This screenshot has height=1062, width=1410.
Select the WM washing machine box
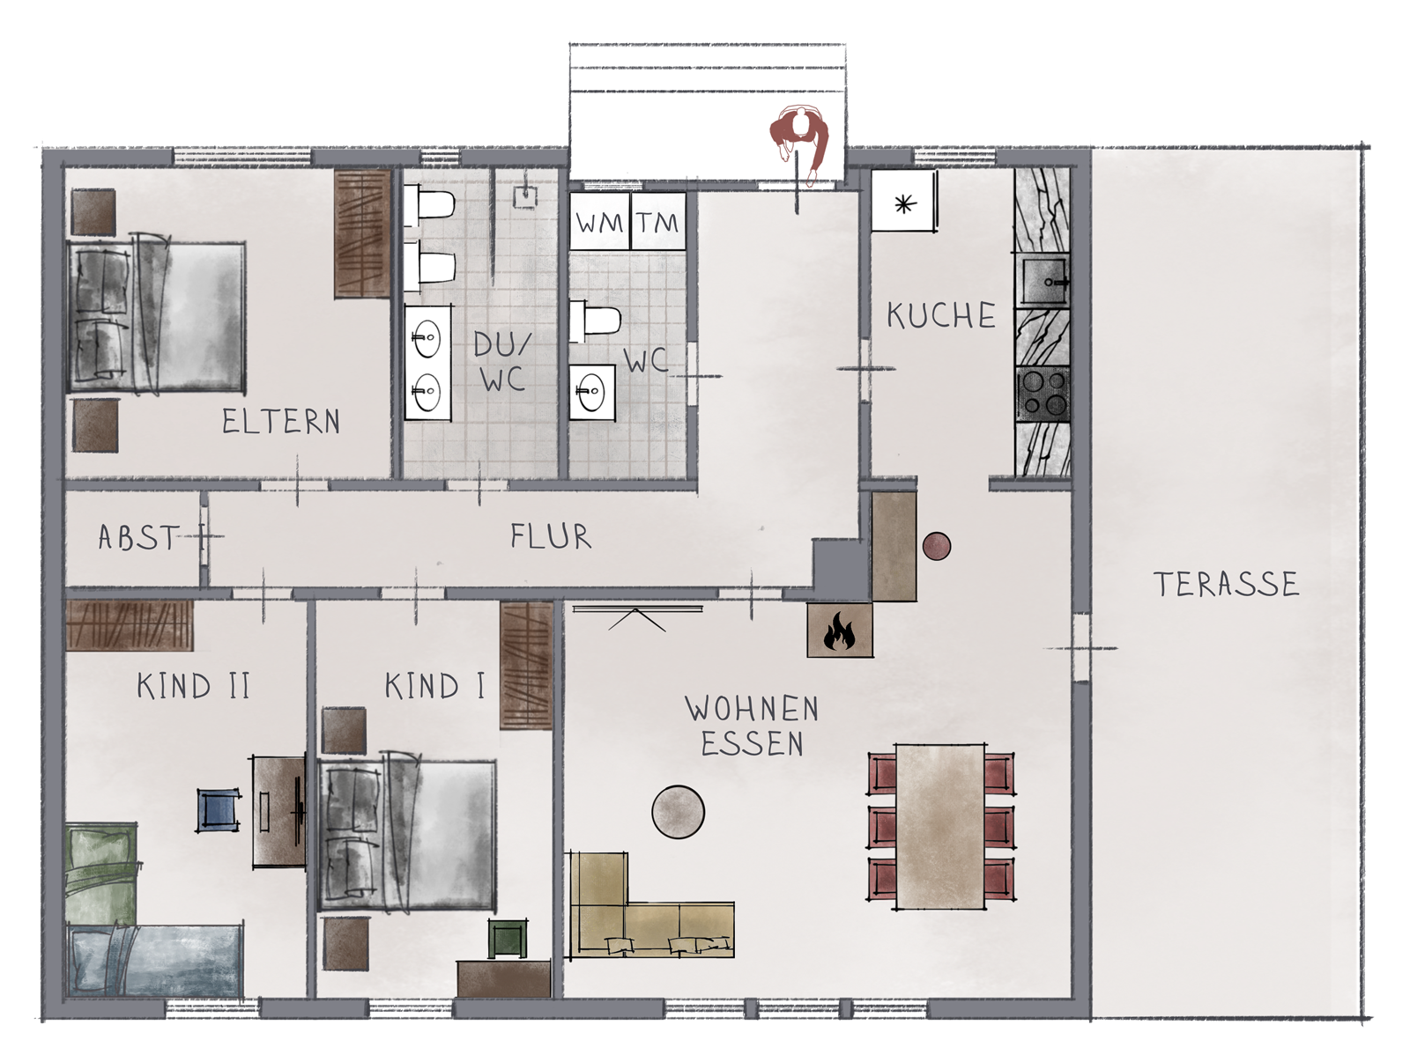598,221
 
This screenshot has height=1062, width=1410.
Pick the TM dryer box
658,221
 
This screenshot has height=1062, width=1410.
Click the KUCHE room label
941,316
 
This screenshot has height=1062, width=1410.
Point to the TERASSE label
1226,585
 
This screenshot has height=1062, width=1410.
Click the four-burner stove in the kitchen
1043,394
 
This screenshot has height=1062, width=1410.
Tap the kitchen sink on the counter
1043,281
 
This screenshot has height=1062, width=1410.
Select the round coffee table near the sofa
678,813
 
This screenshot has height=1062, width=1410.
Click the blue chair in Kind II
219,811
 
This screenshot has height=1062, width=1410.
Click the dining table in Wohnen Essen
940,827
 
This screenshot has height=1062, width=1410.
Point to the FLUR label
551,536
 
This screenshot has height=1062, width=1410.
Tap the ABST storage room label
137,537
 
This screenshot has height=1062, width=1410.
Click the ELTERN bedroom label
281,422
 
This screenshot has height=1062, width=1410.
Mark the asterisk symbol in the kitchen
904,204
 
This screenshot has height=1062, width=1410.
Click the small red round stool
937,546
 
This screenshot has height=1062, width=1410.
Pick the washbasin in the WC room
592,392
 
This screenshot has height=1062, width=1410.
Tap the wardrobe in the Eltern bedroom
362,233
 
